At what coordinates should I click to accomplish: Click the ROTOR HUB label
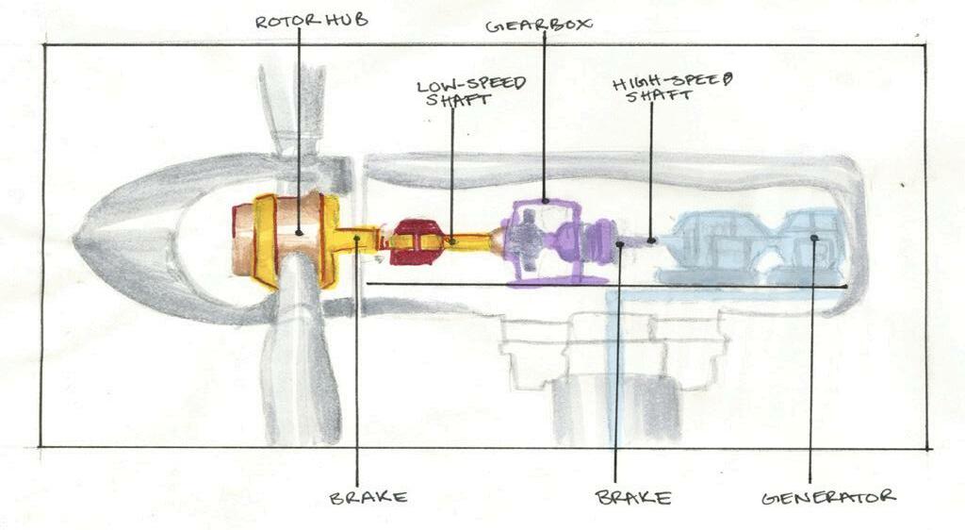tap(300, 20)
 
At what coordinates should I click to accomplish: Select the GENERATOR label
tap(828, 496)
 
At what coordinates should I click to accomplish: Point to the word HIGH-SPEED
tap(673, 83)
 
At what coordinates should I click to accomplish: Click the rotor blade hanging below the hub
tap(306, 368)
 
